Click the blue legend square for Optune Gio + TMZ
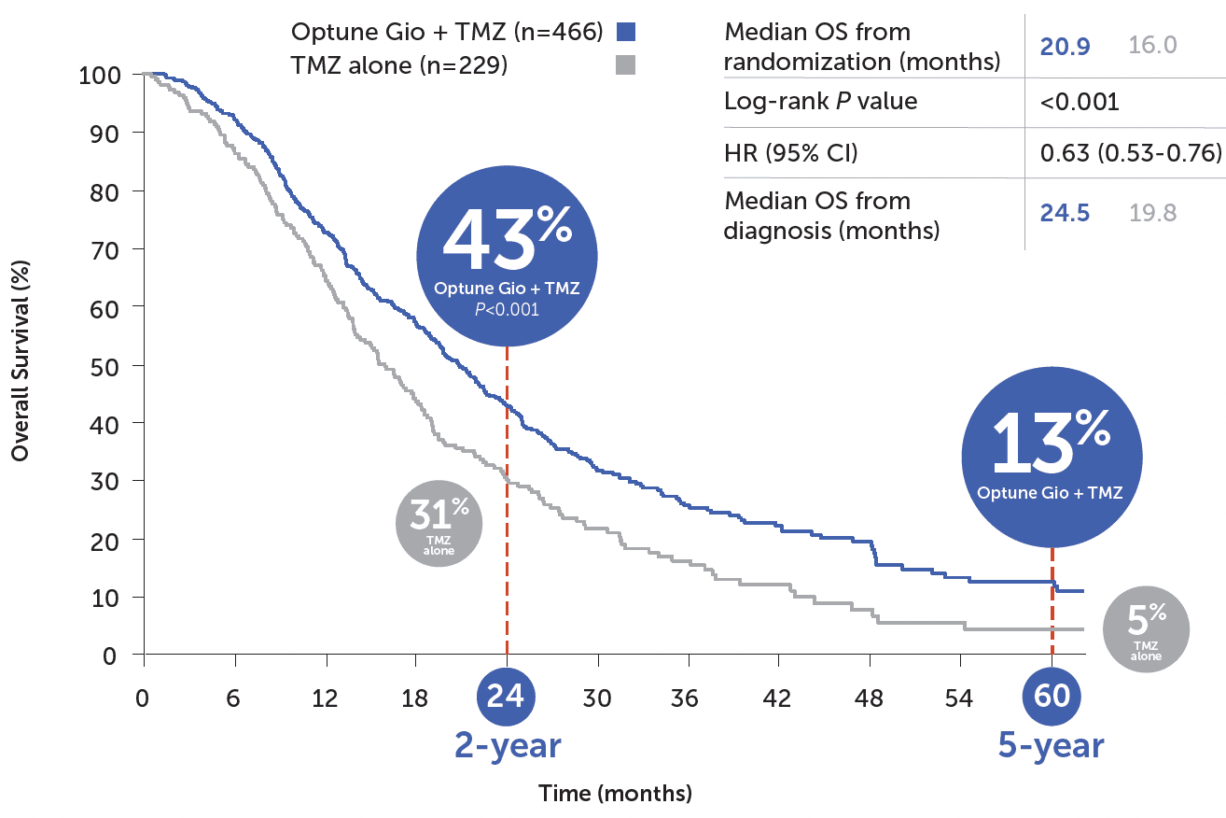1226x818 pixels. (625, 33)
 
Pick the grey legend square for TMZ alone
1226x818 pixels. (625, 65)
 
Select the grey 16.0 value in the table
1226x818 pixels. (1152, 45)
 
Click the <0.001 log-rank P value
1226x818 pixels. (1080, 101)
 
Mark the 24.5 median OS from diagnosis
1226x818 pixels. (1066, 213)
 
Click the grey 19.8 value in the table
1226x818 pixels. (1152, 213)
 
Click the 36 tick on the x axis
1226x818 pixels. (688, 698)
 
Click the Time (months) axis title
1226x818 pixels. (615, 794)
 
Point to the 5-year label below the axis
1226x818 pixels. (1051, 746)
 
